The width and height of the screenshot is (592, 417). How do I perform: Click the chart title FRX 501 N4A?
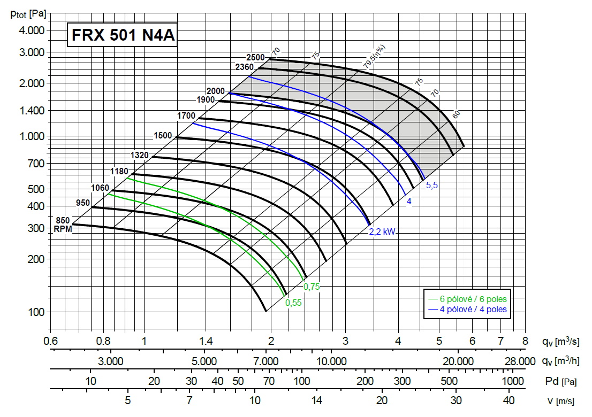(122, 36)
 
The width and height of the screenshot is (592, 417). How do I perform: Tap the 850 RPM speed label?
(63, 220)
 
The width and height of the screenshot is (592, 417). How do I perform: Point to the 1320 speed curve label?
(139, 155)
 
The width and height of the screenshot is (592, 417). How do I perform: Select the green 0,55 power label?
(294, 303)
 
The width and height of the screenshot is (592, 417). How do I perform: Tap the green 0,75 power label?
(312, 287)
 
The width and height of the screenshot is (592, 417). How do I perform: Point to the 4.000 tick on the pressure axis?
(32, 30)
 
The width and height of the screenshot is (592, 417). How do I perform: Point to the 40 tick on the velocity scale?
(508, 400)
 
